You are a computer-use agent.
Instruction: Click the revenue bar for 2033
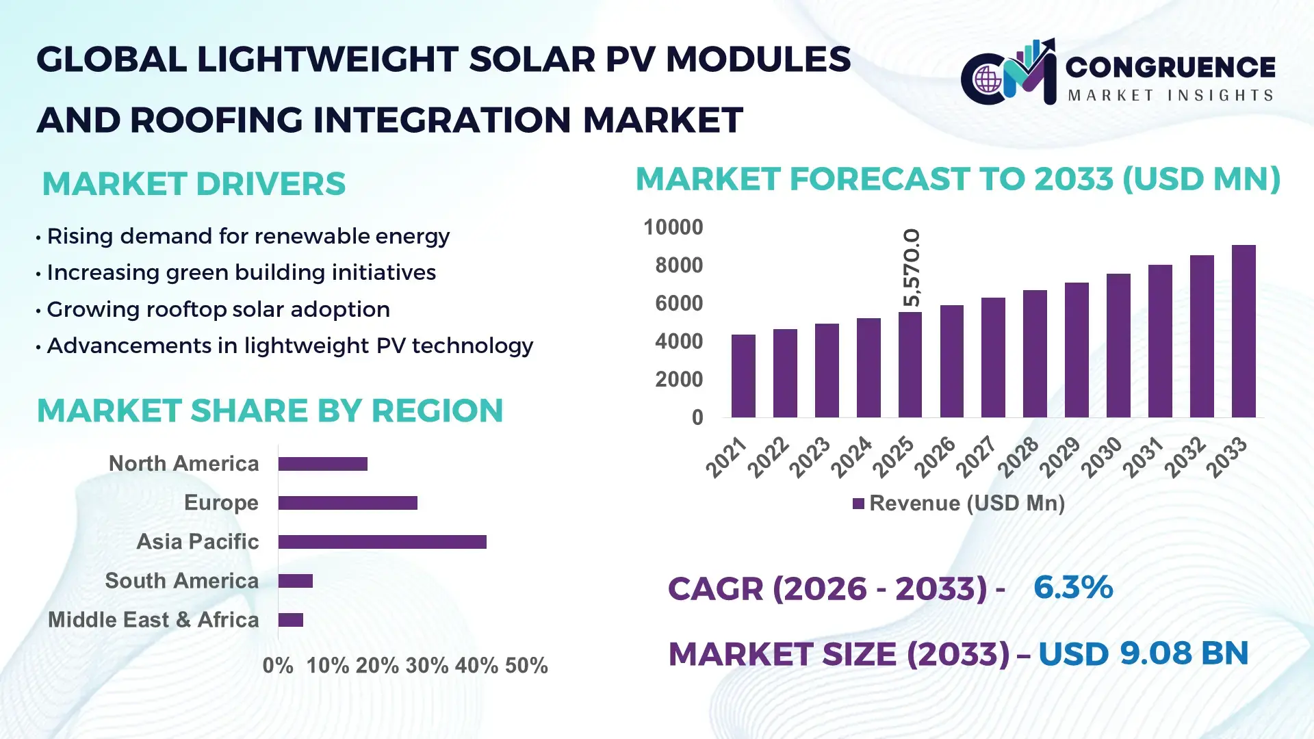(1243, 332)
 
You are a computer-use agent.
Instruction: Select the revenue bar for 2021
(743, 376)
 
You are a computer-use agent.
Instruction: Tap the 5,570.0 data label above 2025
(911, 268)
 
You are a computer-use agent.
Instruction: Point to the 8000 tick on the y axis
(678, 265)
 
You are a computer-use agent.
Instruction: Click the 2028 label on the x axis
(1018, 456)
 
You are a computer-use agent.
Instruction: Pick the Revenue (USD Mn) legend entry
(958, 504)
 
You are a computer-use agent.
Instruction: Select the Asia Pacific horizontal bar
(382, 542)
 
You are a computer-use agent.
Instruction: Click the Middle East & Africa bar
(291, 620)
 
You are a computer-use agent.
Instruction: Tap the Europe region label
(221, 503)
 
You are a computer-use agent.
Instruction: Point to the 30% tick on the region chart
(426, 666)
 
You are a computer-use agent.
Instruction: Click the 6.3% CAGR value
(1072, 588)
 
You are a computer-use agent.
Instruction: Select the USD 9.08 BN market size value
(1143, 653)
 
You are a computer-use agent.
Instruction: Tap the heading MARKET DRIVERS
(194, 184)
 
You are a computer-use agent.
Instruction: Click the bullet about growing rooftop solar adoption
(218, 309)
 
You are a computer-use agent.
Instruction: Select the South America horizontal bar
(296, 581)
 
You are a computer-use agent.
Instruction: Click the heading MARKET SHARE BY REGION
(270, 411)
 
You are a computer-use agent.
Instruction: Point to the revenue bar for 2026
(951, 361)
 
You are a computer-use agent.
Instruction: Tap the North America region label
(183, 464)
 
